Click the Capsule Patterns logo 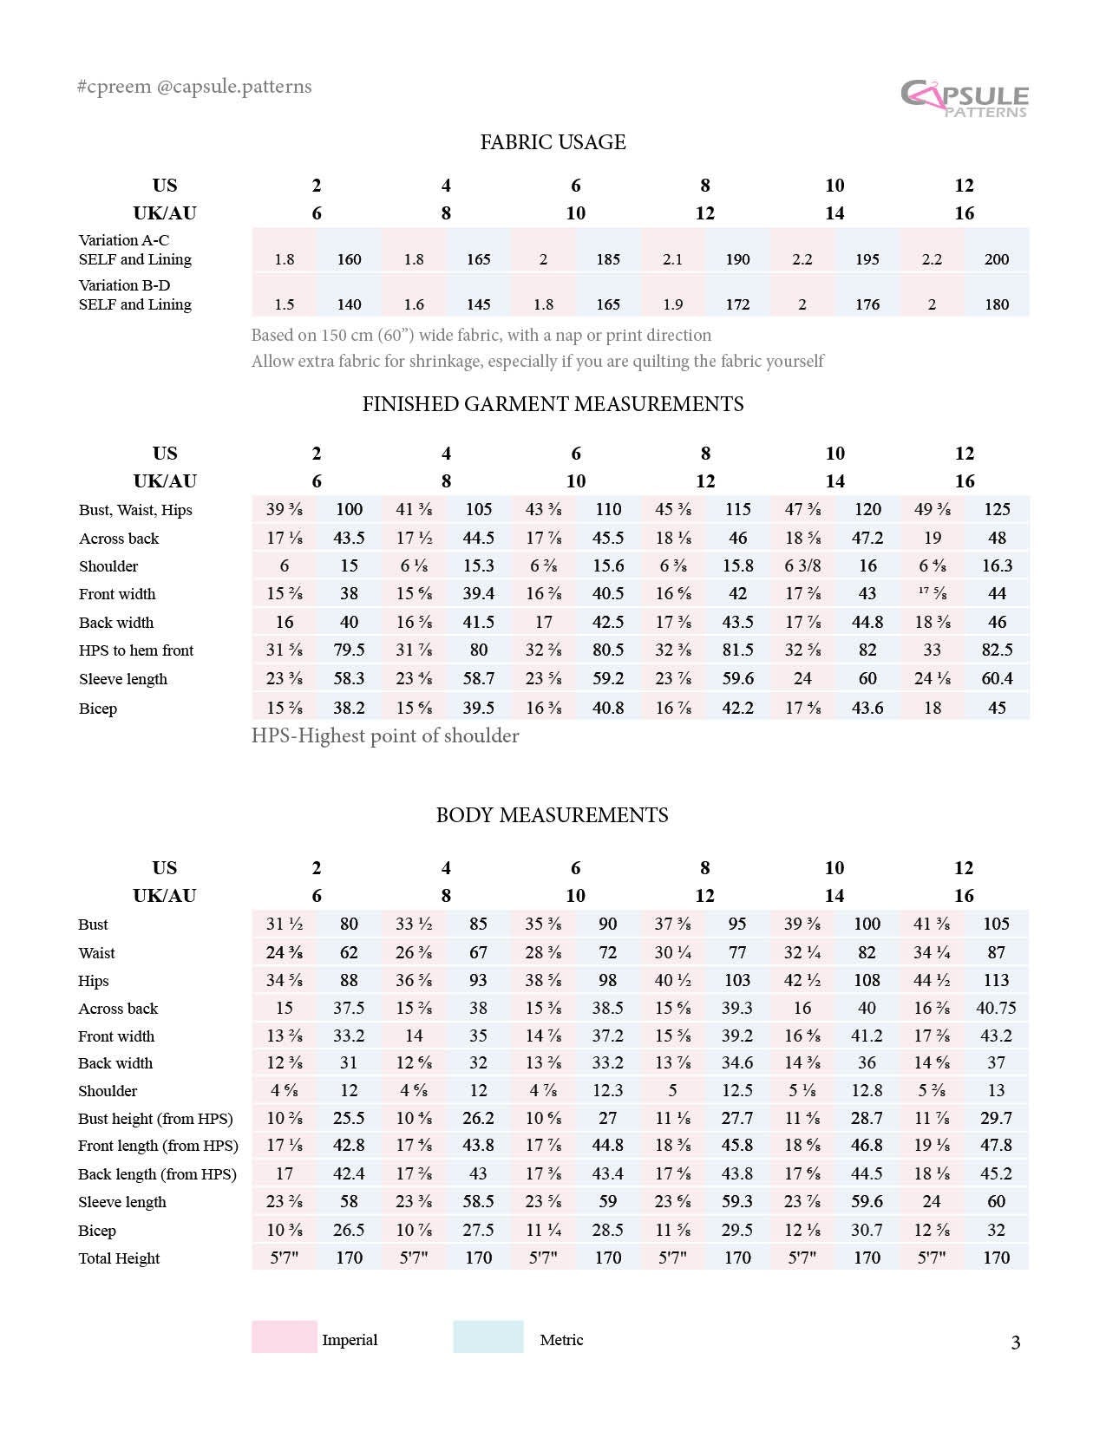(x=964, y=98)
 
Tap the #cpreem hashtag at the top (x=114, y=87)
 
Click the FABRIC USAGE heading (x=553, y=142)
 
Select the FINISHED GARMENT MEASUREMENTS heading (x=553, y=404)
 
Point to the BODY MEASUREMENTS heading (x=552, y=815)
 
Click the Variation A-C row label (x=124, y=240)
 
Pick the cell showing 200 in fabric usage (x=997, y=259)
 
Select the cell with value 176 (x=867, y=304)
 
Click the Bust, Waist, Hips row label (x=135, y=510)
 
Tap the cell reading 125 (x=997, y=510)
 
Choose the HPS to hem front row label (x=136, y=650)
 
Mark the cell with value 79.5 (x=349, y=650)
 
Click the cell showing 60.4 (x=997, y=679)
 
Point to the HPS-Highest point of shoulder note (x=385, y=736)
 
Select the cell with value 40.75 (x=996, y=1009)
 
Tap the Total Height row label (x=119, y=1258)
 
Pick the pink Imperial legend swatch (x=284, y=1337)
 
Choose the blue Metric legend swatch (x=488, y=1337)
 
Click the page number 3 (x=1016, y=1343)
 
